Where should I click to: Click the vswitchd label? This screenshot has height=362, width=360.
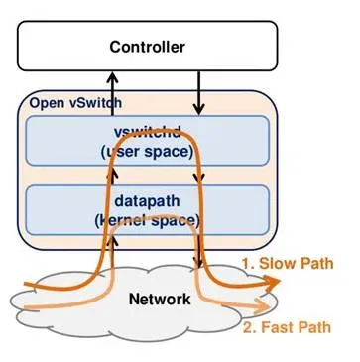point(149,132)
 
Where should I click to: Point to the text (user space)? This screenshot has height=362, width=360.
point(149,150)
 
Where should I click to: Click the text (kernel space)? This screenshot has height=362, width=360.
point(149,217)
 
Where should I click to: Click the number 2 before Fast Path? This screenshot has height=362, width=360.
point(246,327)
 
